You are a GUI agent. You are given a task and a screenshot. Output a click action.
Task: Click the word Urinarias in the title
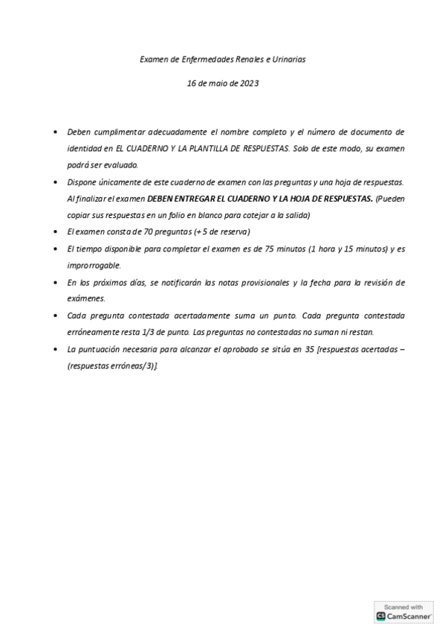[x=289, y=58]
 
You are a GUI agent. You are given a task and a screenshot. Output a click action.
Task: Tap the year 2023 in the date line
[x=250, y=84]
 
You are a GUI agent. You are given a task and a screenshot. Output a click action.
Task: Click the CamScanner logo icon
[x=381, y=616]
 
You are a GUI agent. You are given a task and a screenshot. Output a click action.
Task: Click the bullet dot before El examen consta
[x=57, y=232]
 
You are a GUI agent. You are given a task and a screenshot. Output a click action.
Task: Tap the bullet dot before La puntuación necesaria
[x=57, y=348]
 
